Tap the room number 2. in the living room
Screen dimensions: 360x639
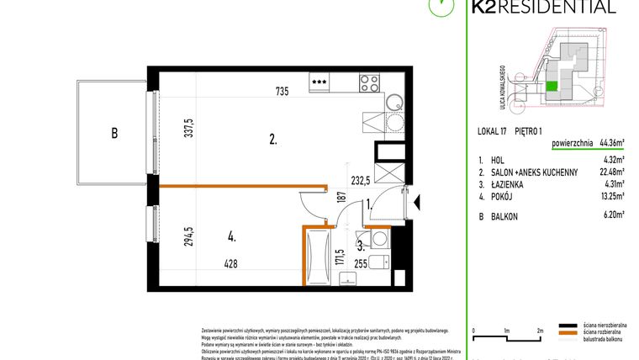pyautogui.click(x=273, y=140)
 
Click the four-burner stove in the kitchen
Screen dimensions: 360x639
pyautogui.click(x=368, y=82)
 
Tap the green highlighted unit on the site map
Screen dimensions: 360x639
pyautogui.click(x=552, y=86)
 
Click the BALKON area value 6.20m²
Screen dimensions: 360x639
pyautogui.click(x=613, y=215)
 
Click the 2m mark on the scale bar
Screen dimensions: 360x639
pyautogui.click(x=539, y=331)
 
